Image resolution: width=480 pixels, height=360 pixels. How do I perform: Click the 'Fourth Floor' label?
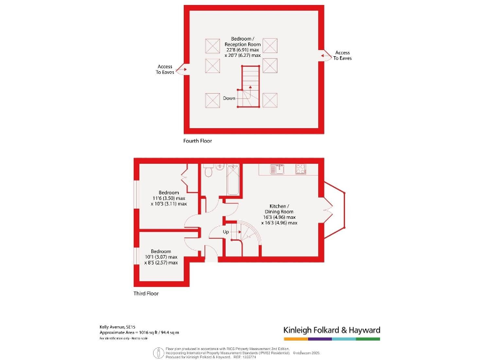tap(197, 141)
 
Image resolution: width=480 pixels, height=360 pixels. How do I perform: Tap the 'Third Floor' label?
tap(146, 293)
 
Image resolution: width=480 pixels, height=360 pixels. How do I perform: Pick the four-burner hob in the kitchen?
tap(300, 168)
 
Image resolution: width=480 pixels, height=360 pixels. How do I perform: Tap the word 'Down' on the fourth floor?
tap(229, 98)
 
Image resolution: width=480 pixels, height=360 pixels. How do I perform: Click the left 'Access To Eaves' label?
tap(165, 69)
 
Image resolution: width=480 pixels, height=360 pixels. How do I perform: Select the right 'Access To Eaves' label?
tap(342, 56)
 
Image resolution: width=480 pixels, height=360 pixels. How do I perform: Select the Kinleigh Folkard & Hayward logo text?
tap(331, 330)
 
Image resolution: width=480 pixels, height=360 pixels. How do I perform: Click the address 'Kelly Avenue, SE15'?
tap(117, 326)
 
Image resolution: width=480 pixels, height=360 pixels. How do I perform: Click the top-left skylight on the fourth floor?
tap(212, 45)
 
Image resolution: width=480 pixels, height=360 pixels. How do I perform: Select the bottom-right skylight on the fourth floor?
tap(270, 100)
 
